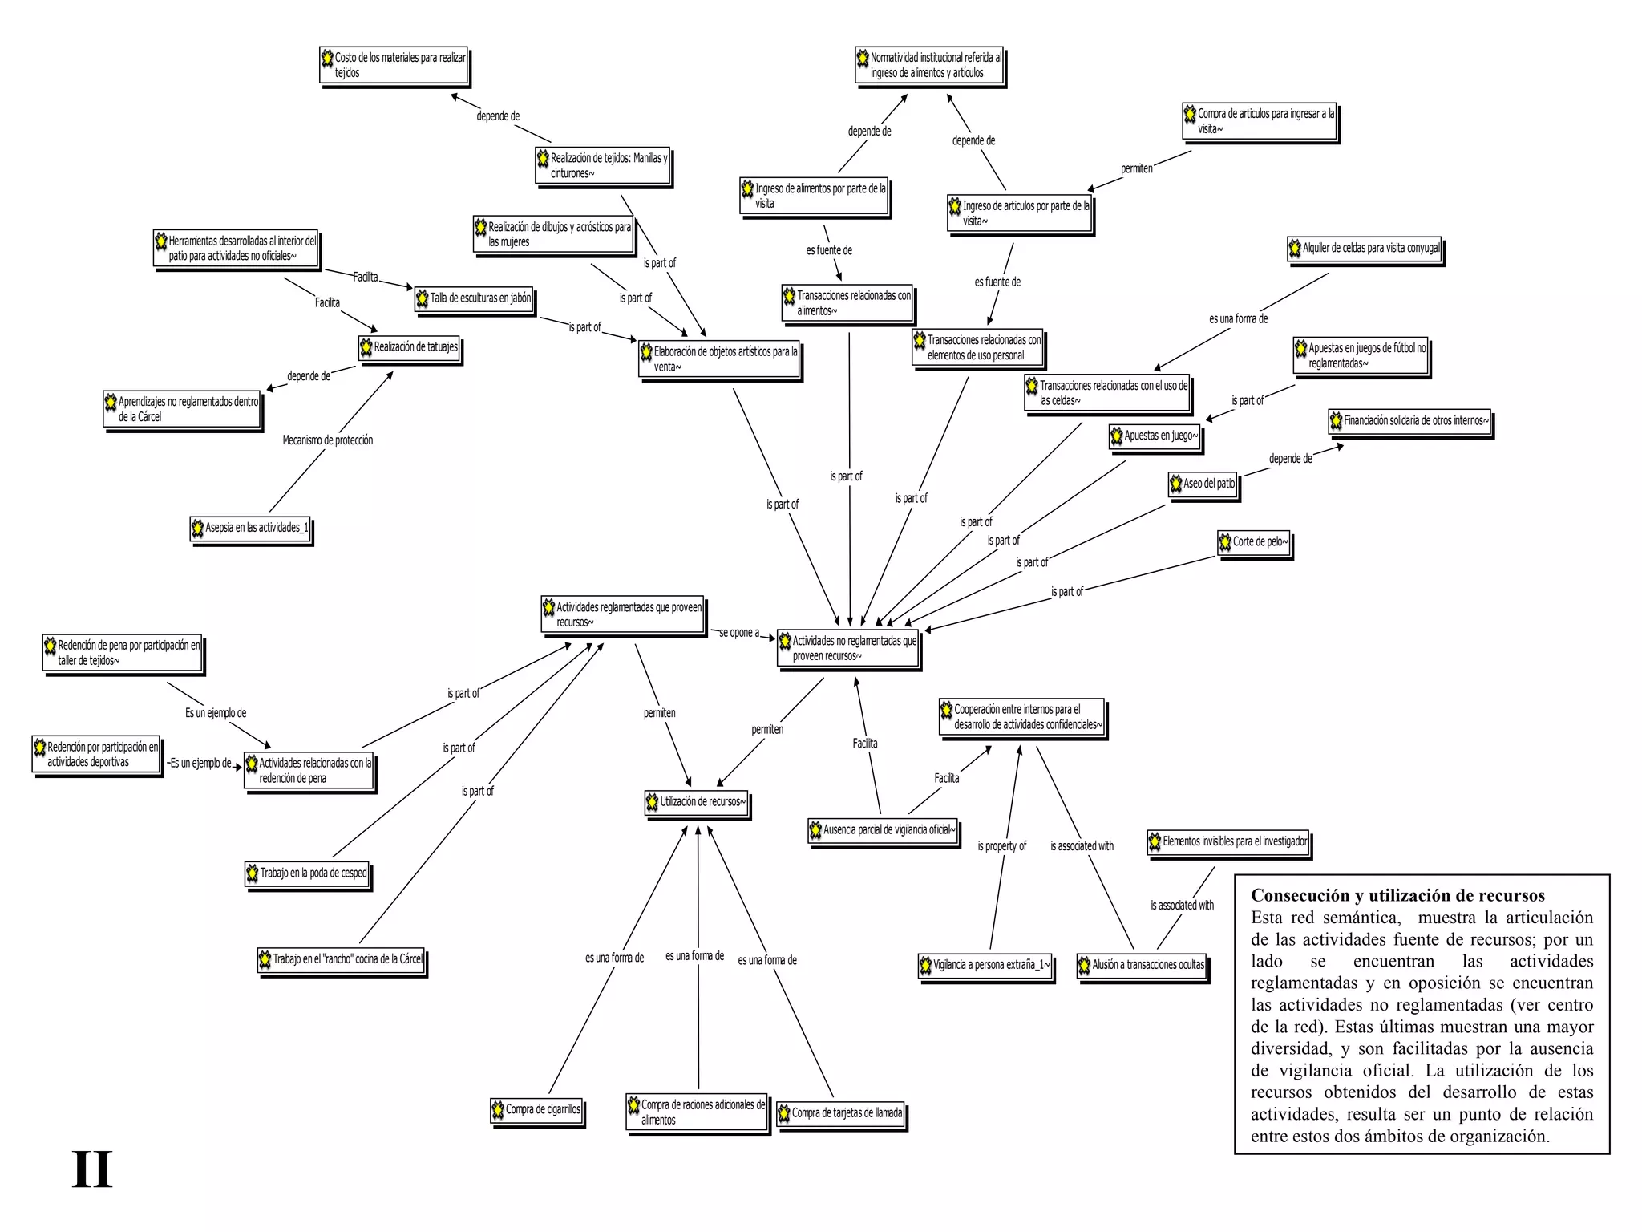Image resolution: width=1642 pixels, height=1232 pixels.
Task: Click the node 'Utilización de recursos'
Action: click(697, 802)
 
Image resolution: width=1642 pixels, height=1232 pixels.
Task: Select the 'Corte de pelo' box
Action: click(1254, 542)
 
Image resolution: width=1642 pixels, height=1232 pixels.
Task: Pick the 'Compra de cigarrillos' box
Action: click(536, 1110)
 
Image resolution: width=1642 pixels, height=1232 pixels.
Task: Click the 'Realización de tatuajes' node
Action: click(409, 347)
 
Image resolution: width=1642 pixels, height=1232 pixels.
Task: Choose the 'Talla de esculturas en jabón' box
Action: click(474, 298)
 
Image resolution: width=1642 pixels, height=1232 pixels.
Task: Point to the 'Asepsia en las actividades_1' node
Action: click(250, 528)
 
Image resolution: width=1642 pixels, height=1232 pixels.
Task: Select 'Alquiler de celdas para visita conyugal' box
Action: click(1365, 249)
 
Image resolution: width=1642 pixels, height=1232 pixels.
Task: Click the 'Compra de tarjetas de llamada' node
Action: click(840, 1113)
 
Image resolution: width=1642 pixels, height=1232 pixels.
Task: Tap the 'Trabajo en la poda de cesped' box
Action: click(307, 873)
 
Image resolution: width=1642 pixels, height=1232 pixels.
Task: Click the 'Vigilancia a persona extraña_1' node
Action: click(985, 965)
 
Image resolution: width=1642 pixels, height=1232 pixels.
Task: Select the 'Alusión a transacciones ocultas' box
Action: click(1142, 965)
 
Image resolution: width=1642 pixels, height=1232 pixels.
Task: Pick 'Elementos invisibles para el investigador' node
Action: click(1228, 841)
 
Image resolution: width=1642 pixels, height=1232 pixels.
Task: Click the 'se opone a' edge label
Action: click(738, 633)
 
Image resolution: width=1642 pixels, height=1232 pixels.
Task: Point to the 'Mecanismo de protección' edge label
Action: click(327, 440)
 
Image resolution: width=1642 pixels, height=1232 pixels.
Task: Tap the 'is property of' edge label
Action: click(1001, 846)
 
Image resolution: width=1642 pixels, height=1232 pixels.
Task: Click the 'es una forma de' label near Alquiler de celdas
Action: click(1238, 319)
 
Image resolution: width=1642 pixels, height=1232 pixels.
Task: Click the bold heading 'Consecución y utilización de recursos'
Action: click(1397, 896)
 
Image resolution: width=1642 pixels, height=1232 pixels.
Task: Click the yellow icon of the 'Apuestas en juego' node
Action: click(1116, 436)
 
